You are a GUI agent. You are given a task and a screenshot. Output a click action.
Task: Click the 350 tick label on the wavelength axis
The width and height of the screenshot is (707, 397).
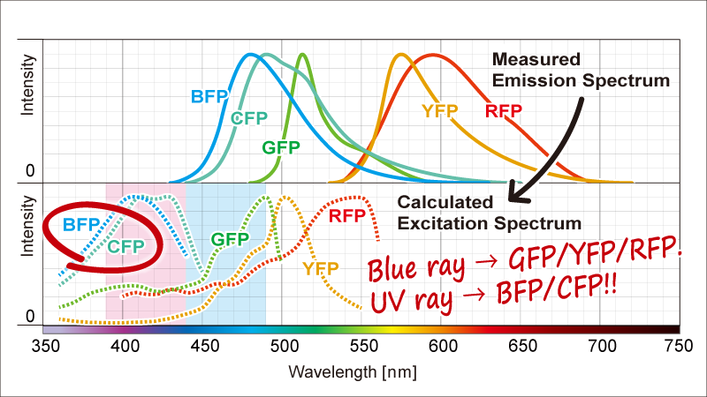(57, 346)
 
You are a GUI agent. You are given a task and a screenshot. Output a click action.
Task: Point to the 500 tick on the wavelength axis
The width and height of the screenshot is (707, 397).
(283, 346)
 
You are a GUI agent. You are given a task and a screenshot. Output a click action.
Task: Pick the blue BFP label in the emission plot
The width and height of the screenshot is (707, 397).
(209, 95)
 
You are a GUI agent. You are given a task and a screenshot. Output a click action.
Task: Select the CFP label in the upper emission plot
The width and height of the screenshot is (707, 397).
(249, 118)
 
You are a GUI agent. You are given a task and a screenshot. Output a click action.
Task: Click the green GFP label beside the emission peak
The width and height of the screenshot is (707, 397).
(280, 146)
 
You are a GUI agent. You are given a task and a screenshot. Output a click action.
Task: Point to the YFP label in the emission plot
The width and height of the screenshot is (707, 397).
(439, 110)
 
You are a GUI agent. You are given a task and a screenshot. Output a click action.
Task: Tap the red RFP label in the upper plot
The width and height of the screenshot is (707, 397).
(504, 110)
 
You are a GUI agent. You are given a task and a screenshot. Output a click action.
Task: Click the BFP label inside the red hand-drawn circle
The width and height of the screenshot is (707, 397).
(81, 224)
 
